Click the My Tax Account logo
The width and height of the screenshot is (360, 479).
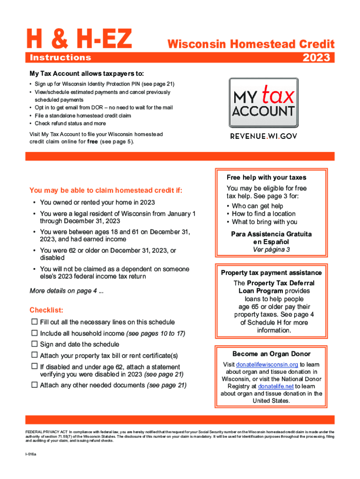click(x=263, y=103)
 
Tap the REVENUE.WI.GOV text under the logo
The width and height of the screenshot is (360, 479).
click(x=263, y=136)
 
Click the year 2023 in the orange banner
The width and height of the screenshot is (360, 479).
click(x=317, y=58)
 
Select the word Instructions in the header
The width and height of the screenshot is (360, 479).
click(x=60, y=58)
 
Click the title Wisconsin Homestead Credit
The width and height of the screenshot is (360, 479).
click(x=251, y=44)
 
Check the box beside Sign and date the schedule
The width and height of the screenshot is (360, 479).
click(x=34, y=344)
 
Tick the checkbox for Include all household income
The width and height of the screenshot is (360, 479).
click(x=34, y=333)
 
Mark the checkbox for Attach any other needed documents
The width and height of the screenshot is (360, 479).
click(x=34, y=385)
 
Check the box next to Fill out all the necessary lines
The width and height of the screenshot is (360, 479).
click(x=34, y=322)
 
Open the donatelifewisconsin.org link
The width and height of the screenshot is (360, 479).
click(x=267, y=364)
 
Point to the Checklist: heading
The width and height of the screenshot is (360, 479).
click(x=46, y=310)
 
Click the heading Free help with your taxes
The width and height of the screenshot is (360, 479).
click(x=266, y=177)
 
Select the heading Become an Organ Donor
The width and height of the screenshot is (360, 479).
click(x=271, y=354)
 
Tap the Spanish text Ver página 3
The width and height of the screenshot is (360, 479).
click(x=271, y=250)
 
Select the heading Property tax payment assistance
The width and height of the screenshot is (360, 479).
click(x=271, y=273)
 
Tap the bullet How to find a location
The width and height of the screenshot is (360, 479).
click(x=264, y=214)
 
